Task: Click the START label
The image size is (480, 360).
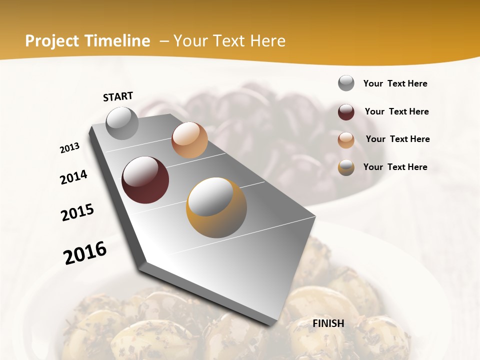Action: click(118, 96)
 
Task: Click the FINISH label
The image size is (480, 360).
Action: click(328, 323)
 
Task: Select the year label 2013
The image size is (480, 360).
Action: click(70, 148)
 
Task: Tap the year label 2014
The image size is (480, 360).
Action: click(73, 177)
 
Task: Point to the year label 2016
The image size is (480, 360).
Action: click(85, 252)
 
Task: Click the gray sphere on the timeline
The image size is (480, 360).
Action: click(122, 123)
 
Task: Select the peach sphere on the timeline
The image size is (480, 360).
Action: click(189, 140)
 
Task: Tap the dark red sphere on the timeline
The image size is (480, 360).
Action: click(145, 180)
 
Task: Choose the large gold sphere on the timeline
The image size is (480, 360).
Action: click(216, 207)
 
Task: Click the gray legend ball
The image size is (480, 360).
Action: click(346, 83)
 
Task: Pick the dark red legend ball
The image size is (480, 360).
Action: click(346, 112)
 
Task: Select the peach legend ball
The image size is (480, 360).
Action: click(346, 140)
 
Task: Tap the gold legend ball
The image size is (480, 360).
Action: click(346, 167)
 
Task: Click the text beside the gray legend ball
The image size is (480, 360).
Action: click(395, 83)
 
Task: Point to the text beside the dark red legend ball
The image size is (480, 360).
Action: click(396, 111)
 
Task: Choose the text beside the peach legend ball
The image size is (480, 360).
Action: click(397, 139)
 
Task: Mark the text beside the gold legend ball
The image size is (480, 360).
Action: click(395, 167)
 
